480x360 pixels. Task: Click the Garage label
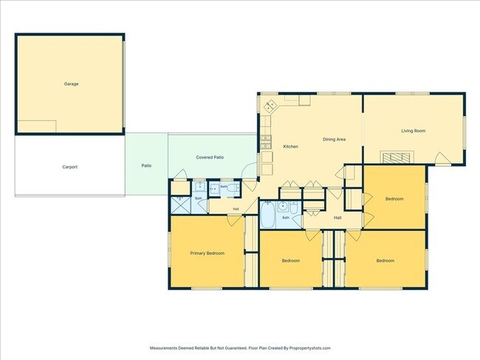click(x=72, y=84)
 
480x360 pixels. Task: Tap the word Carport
click(x=70, y=167)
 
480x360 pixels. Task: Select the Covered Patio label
click(x=210, y=157)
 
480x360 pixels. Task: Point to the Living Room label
click(x=414, y=131)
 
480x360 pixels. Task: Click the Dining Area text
click(x=334, y=139)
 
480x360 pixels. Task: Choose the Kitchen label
click(x=290, y=147)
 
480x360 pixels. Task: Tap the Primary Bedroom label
click(x=208, y=253)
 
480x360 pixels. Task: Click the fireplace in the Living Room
click(x=397, y=157)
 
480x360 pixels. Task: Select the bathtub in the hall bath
click(x=267, y=215)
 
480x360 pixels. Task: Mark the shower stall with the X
click(x=181, y=205)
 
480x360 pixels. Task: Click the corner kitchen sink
click(x=270, y=106)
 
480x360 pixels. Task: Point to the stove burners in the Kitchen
click(x=265, y=142)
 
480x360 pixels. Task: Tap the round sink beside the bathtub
click(x=283, y=207)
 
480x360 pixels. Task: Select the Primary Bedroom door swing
click(x=234, y=221)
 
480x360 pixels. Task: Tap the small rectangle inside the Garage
click(x=37, y=126)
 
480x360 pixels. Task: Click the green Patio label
click(x=146, y=165)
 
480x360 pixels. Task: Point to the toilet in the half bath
click(x=233, y=188)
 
